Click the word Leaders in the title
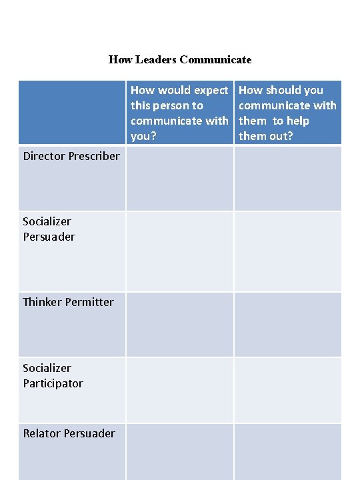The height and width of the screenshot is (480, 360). (155, 60)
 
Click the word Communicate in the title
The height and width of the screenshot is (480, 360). (215, 60)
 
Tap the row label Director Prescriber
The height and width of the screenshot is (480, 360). (71, 156)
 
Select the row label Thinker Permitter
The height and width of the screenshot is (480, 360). (68, 302)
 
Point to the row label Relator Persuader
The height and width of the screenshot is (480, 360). (69, 433)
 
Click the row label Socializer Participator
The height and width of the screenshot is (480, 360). (53, 375)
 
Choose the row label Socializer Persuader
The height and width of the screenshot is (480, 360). (49, 229)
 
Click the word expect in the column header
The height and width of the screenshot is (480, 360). (211, 90)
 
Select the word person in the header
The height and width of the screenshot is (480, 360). (178, 105)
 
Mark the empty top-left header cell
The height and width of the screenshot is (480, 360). (71, 112)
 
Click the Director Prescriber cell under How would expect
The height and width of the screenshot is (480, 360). (179, 178)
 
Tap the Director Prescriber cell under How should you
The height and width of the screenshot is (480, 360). (287, 178)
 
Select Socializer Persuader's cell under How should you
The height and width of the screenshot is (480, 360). (287, 251)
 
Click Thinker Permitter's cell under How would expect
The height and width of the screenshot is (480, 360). (179, 324)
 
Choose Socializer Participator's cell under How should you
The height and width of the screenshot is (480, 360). (287, 390)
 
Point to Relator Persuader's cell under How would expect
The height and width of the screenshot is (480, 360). (179, 451)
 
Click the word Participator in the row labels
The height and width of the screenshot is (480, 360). (53, 383)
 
